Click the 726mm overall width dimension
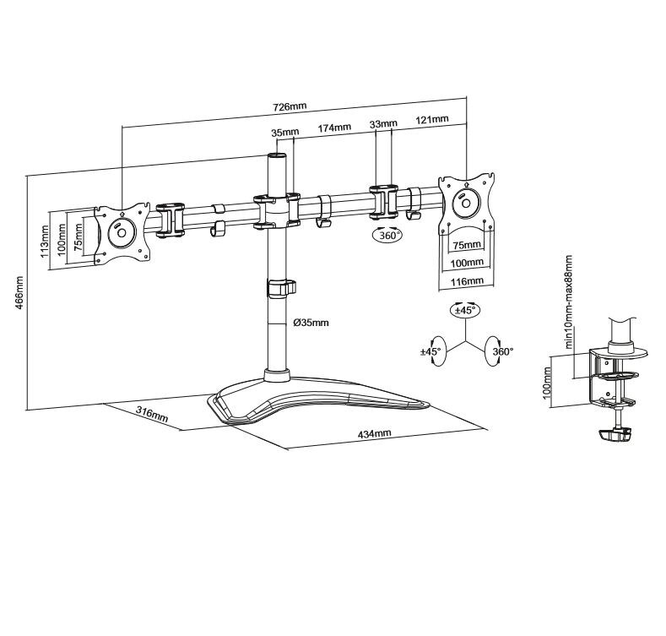pyautogui.click(x=290, y=106)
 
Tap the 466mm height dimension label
pyautogui.click(x=19, y=293)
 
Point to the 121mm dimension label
pyautogui.click(x=432, y=119)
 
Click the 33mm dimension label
pyautogui.click(x=383, y=123)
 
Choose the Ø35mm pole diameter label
pyautogui.click(x=311, y=323)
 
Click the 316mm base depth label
pyautogui.click(x=152, y=415)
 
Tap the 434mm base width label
pyautogui.click(x=374, y=434)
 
